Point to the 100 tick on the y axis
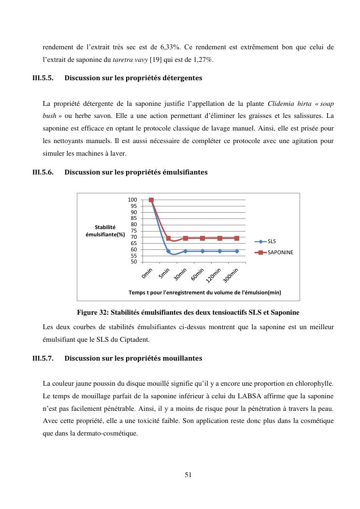132,200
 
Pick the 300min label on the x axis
231,275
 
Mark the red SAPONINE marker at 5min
168,238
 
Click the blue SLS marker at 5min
168,251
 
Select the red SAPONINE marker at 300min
237,238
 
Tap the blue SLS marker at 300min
237,251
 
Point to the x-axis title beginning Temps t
204,292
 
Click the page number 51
188,475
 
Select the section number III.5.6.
43,172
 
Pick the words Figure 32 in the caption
92,312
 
